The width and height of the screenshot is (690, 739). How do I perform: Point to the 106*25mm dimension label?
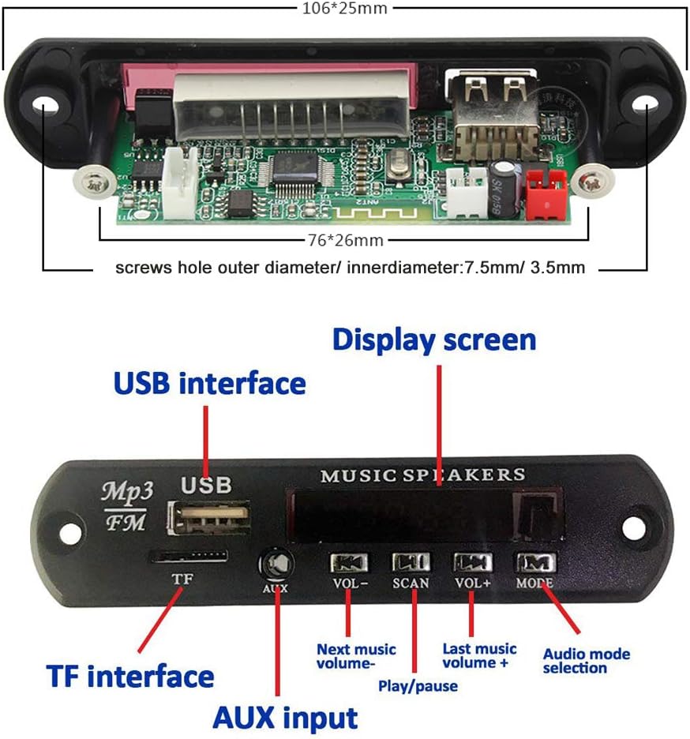point(346,9)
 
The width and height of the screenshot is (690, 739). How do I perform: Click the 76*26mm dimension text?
point(345,239)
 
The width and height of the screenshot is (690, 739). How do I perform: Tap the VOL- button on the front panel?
point(347,562)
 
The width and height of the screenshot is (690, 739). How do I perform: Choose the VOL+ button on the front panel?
point(472,562)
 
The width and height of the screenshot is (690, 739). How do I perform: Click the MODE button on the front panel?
point(535,562)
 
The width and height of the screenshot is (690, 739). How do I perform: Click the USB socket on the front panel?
point(209,519)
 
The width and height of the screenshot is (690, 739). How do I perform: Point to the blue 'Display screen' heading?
point(434,339)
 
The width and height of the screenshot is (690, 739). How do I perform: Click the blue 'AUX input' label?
point(285,718)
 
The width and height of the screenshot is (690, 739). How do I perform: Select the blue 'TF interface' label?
point(130,677)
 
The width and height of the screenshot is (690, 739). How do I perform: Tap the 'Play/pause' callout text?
point(418,686)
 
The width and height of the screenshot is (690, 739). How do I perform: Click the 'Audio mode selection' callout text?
point(587,661)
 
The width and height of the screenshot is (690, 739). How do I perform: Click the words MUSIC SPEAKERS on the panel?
point(422,475)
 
